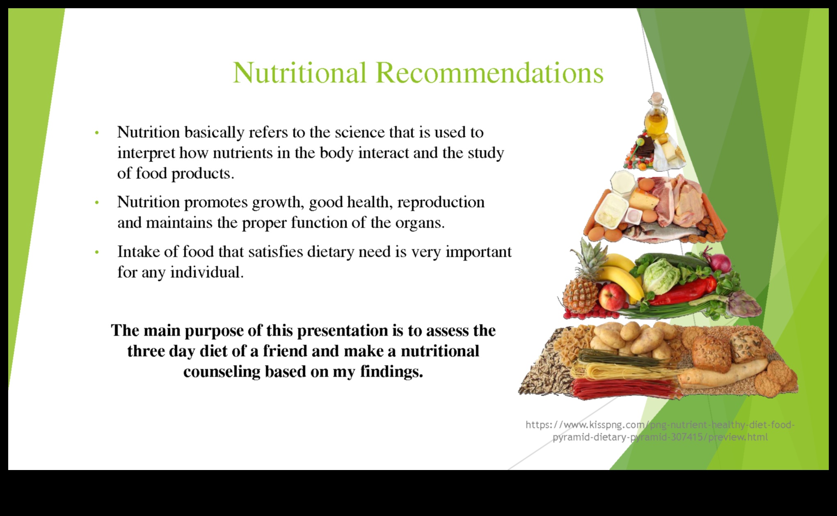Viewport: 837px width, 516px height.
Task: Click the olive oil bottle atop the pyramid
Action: tap(656, 114)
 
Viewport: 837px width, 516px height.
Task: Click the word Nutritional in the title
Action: tap(300, 73)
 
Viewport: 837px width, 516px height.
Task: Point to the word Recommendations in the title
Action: tap(489, 73)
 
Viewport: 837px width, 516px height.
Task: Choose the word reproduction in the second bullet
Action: tap(441, 202)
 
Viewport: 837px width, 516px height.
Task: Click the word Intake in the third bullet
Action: tap(138, 251)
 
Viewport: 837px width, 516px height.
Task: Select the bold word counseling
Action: tap(222, 372)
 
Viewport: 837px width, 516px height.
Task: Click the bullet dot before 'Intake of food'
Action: tap(97, 252)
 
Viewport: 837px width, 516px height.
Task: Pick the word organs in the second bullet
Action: tap(420, 223)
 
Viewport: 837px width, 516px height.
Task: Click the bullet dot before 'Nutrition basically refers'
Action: tap(97, 133)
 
